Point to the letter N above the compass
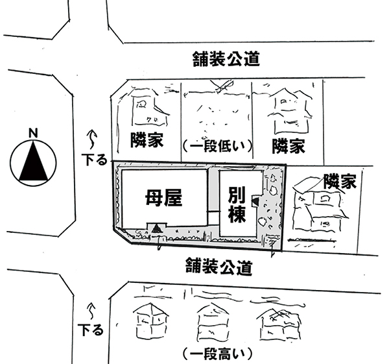[33, 134]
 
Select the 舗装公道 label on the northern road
[226, 60]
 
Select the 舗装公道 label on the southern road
[218, 265]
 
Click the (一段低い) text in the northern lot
[217, 144]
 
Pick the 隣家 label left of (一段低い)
[146, 140]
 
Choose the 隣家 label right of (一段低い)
[289, 145]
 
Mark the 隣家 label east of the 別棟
[340, 181]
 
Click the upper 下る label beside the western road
[92, 158]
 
